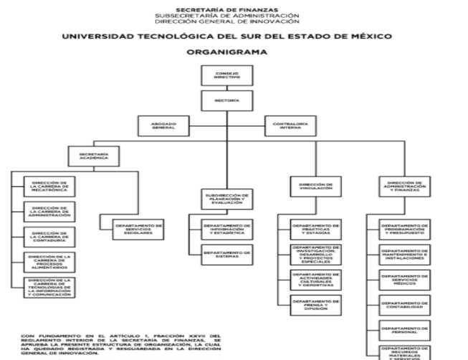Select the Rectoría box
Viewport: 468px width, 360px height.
click(x=226, y=101)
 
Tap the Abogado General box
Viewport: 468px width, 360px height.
click(x=163, y=125)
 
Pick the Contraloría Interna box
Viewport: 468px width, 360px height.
click(x=290, y=125)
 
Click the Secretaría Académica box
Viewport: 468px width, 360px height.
click(x=94, y=156)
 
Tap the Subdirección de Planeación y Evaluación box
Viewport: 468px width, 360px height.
click(x=226, y=198)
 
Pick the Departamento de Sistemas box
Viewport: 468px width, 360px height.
click(x=226, y=254)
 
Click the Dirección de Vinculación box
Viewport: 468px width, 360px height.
click(x=315, y=186)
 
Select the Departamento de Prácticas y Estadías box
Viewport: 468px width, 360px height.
click(x=315, y=229)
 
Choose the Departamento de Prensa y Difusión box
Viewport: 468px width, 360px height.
click(x=315, y=304)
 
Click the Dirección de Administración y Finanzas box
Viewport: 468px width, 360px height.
click(x=406, y=186)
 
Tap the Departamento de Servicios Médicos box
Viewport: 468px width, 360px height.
click(x=404, y=280)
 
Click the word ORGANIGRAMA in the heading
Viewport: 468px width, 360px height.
click(x=226, y=52)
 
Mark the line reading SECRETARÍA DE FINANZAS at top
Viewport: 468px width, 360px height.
click(x=226, y=9)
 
